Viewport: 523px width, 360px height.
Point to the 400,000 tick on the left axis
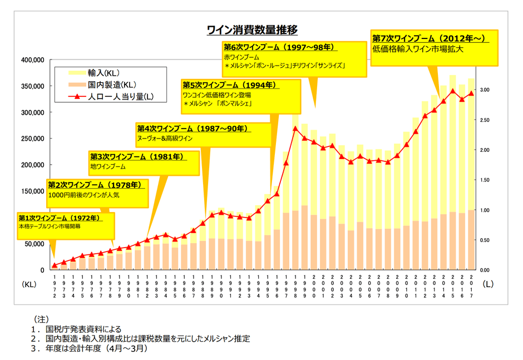pyautogui.click(x=33, y=60)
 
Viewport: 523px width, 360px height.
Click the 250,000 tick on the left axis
pyautogui.click(x=33, y=139)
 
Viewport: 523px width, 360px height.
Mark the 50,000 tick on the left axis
pyautogui.click(x=35, y=244)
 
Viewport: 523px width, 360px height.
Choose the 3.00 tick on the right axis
pyautogui.click(x=485, y=90)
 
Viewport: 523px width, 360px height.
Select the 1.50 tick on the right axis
pyautogui.click(x=485, y=180)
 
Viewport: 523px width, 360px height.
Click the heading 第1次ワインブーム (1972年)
pyautogui.click(x=59, y=218)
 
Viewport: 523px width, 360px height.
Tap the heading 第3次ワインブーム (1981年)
pyautogui.click(x=137, y=157)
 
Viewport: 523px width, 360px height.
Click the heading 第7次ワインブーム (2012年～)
pyautogui.click(x=430, y=38)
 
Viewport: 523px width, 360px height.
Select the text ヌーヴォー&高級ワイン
pyautogui.click(x=165, y=138)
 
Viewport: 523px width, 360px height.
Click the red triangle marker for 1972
pyautogui.click(x=55, y=265)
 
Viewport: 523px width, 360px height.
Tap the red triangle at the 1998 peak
pyautogui.click(x=295, y=129)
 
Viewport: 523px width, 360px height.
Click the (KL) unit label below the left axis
pyautogui.click(x=29, y=283)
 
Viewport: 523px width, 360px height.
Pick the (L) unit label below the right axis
pyautogui.click(x=488, y=283)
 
